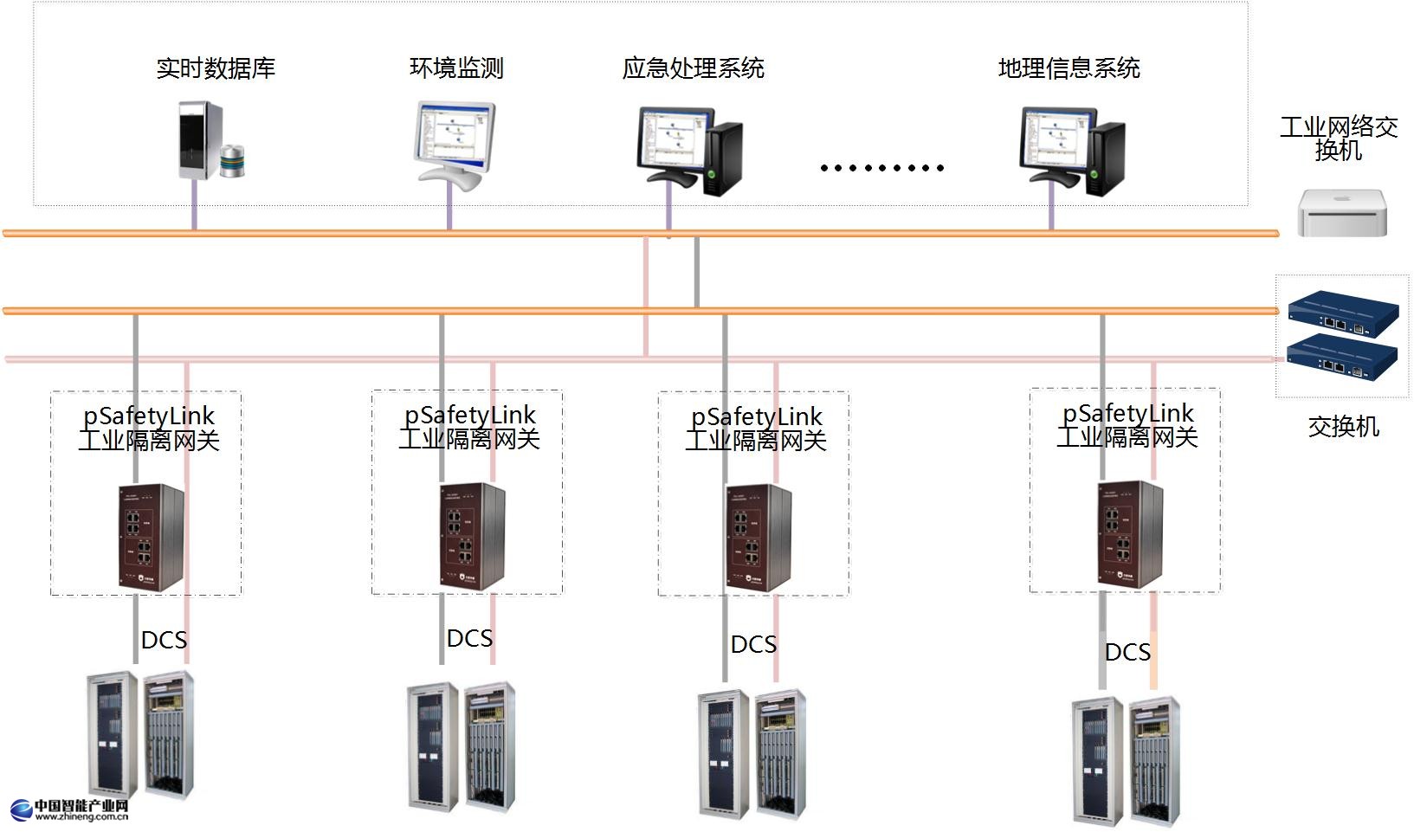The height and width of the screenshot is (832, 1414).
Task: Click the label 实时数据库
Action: tap(216, 68)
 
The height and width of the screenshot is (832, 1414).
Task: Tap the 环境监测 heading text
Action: tap(456, 68)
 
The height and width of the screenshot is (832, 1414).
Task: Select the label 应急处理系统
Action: tap(693, 68)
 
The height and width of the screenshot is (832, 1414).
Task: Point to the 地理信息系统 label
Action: tap(1069, 68)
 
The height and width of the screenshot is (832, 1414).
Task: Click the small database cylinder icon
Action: tap(233, 161)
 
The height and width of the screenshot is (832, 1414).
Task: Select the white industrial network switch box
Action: tap(1342, 212)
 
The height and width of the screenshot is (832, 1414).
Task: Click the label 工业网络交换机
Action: tap(1339, 139)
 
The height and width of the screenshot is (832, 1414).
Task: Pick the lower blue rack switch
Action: tap(1342, 358)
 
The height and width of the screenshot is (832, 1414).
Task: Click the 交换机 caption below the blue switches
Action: tap(1343, 427)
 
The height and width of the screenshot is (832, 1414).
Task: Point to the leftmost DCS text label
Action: tap(164, 640)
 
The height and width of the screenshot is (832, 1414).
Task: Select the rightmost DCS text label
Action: tap(1127, 652)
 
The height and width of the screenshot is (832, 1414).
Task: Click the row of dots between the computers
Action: tap(881, 168)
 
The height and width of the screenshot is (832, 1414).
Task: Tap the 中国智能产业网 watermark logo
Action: tap(70, 809)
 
